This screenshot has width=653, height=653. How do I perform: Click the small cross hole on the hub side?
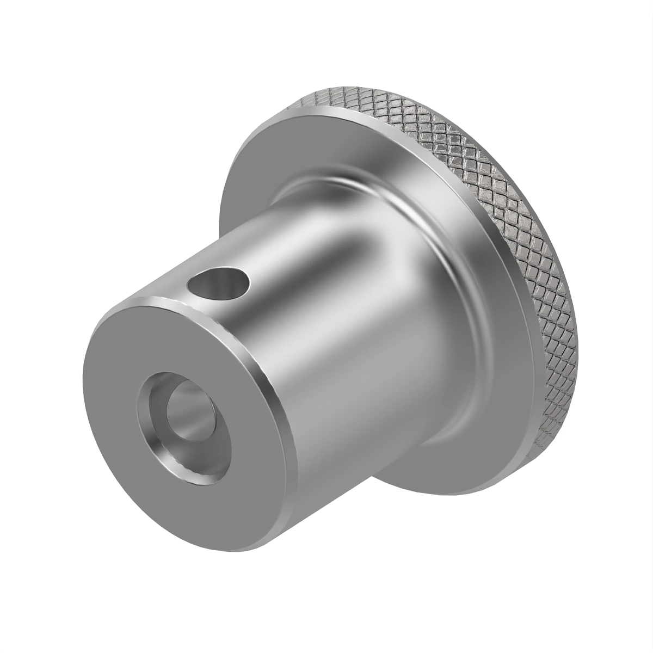click(217, 284)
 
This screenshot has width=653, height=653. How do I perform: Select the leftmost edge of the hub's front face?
click(83, 381)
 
